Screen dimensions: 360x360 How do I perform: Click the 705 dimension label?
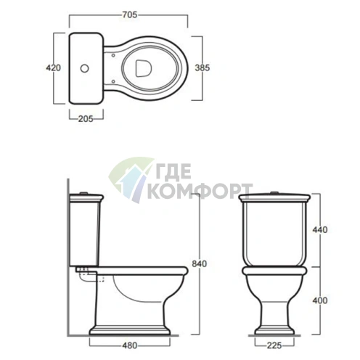(x=130, y=15)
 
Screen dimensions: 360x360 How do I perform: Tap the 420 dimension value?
(x=54, y=68)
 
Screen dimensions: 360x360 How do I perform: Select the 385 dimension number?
(x=202, y=68)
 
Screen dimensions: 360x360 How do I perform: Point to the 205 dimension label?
(x=86, y=119)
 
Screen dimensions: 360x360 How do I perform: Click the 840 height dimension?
(x=200, y=263)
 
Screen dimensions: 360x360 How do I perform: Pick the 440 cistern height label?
(x=320, y=229)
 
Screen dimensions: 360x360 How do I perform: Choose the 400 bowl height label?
(x=320, y=300)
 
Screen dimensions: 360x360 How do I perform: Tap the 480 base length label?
(x=130, y=345)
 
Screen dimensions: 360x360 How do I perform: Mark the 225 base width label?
(x=274, y=345)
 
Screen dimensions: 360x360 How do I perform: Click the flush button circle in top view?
(x=84, y=68)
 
